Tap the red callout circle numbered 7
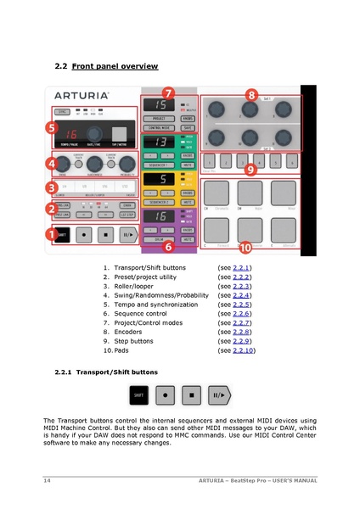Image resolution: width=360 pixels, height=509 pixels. tap(168, 92)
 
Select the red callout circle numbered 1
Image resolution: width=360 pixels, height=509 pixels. tap(50, 232)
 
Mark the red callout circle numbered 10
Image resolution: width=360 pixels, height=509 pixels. tap(245, 248)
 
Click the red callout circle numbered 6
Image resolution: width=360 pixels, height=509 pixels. tap(168, 248)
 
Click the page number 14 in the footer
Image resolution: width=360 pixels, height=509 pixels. tap(48, 481)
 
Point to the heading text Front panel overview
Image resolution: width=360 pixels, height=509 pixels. tap(115, 64)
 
